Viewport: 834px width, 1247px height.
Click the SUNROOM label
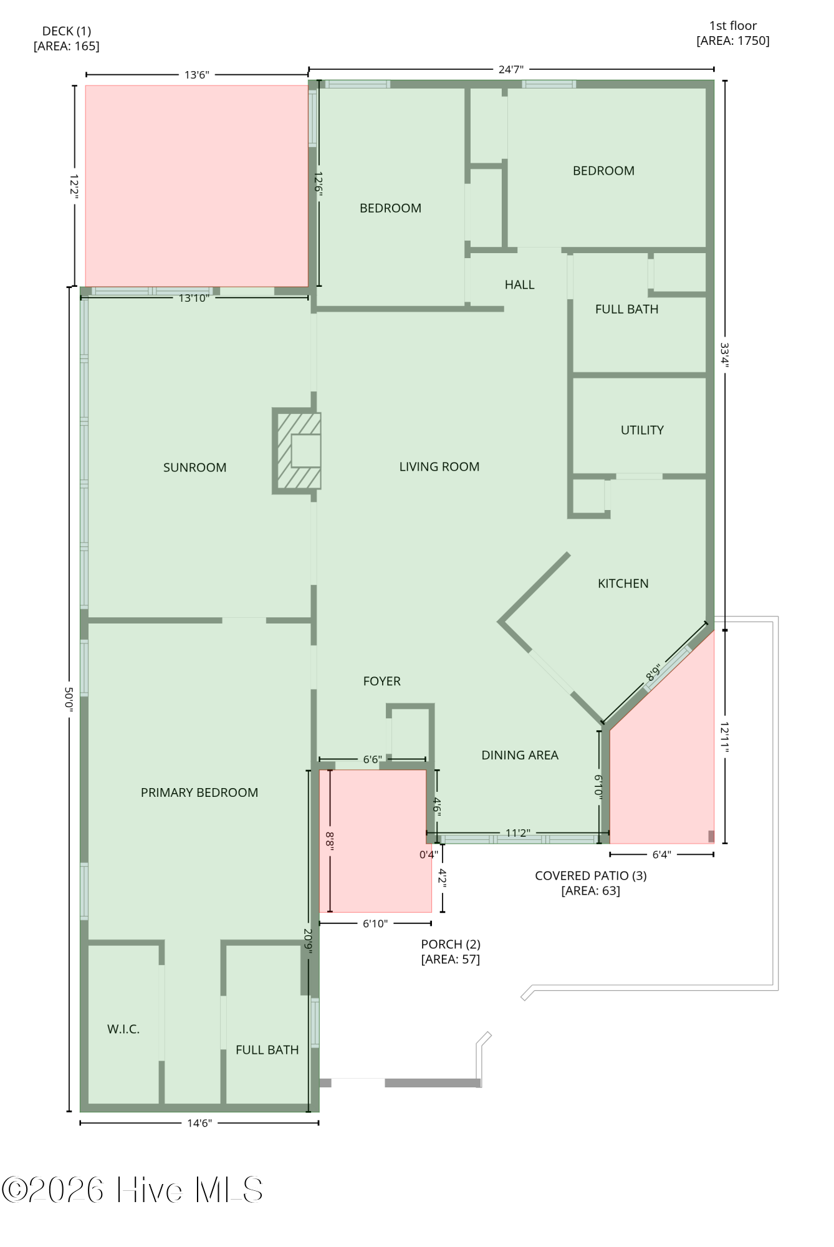[x=194, y=468]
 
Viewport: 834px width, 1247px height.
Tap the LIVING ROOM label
[x=439, y=467]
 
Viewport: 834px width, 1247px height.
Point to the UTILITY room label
[x=642, y=430]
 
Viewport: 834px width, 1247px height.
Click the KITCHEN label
[x=623, y=584]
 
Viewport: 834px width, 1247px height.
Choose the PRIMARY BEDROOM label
[x=199, y=792]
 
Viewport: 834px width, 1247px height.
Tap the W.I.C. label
[x=123, y=1029]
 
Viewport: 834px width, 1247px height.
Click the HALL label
[x=519, y=285]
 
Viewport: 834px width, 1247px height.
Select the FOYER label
[x=382, y=681]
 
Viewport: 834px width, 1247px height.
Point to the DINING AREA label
[x=520, y=755]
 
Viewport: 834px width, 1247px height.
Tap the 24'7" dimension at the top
[x=511, y=70]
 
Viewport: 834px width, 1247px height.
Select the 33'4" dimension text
[x=724, y=355]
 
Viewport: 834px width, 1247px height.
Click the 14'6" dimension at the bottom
[x=199, y=1124]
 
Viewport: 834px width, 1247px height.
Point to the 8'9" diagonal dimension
[x=653, y=673]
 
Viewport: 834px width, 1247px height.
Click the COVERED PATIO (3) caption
[x=591, y=876]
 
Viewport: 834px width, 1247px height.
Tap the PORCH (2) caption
[x=451, y=945]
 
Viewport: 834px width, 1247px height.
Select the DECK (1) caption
[x=67, y=31]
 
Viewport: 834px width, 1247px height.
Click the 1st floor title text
[x=733, y=26]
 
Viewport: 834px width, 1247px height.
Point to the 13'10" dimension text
[x=194, y=298]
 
